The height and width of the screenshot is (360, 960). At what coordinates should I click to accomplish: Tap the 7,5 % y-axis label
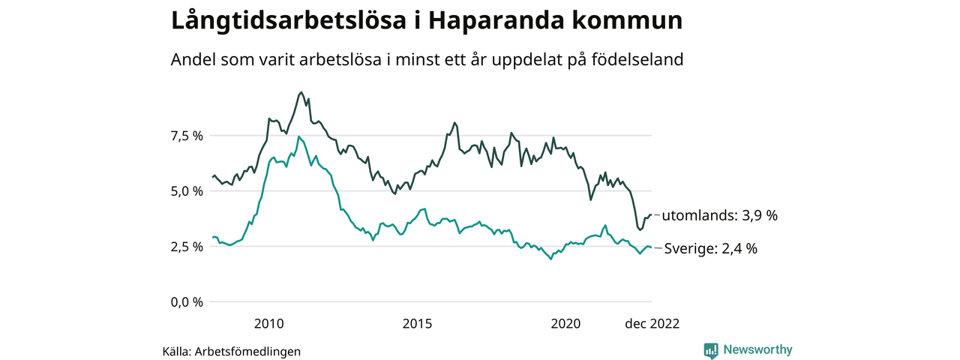click(x=187, y=136)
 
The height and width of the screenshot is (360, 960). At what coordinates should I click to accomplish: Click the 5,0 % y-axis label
click(x=187, y=191)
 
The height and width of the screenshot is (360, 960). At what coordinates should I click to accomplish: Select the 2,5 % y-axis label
click(x=187, y=247)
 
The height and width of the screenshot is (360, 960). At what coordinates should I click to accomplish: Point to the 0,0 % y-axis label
click(x=187, y=302)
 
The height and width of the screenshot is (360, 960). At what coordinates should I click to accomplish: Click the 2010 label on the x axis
click(x=269, y=324)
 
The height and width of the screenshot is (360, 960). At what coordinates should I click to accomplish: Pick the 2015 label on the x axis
click(x=417, y=324)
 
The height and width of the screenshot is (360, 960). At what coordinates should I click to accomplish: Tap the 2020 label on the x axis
click(x=565, y=324)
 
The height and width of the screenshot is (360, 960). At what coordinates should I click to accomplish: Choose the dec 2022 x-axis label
click(x=652, y=324)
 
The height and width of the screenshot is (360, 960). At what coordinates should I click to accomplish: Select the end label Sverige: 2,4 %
click(x=710, y=249)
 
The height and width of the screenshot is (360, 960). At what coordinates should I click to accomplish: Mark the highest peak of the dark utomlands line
click(x=301, y=92)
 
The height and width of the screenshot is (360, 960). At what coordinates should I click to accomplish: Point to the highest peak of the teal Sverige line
click(x=298, y=136)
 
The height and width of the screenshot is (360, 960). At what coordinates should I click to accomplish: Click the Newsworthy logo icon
click(x=711, y=350)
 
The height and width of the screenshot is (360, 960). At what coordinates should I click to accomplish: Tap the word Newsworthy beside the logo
click(x=757, y=349)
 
